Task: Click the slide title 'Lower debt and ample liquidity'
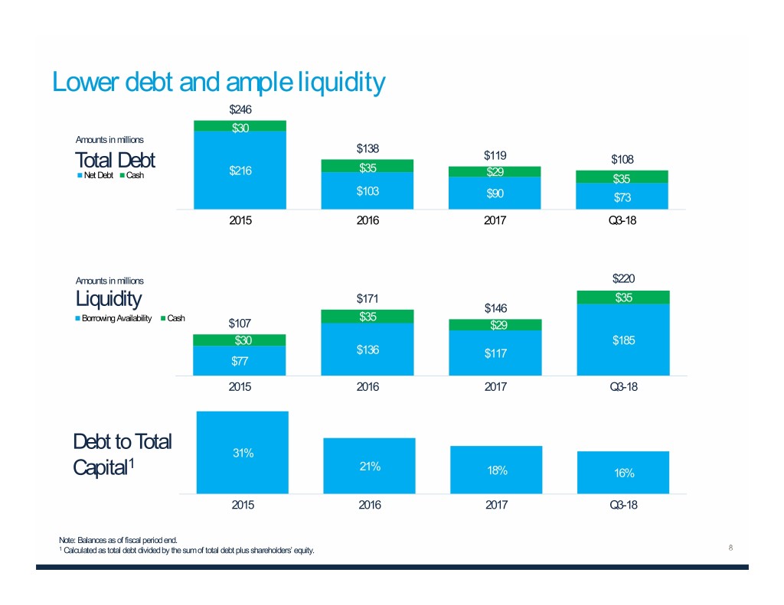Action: click(x=217, y=82)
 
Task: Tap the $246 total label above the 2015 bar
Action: click(x=240, y=109)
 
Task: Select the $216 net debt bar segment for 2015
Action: click(x=240, y=170)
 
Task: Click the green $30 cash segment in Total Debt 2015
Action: click(x=240, y=126)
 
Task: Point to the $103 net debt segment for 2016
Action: click(x=367, y=190)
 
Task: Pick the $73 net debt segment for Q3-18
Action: click(x=622, y=196)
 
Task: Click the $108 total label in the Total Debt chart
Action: click(x=622, y=159)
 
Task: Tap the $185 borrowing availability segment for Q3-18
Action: click(x=622, y=340)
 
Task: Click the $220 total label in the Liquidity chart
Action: click(x=622, y=280)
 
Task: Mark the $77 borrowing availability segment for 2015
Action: click(x=240, y=361)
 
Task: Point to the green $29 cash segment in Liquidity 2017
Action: click(x=495, y=325)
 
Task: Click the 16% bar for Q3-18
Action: click(x=623, y=473)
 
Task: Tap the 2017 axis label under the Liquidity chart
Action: click(x=495, y=387)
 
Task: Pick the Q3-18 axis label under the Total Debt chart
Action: click(x=622, y=220)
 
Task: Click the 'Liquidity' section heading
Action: click(x=108, y=298)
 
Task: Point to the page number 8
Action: click(x=731, y=548)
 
